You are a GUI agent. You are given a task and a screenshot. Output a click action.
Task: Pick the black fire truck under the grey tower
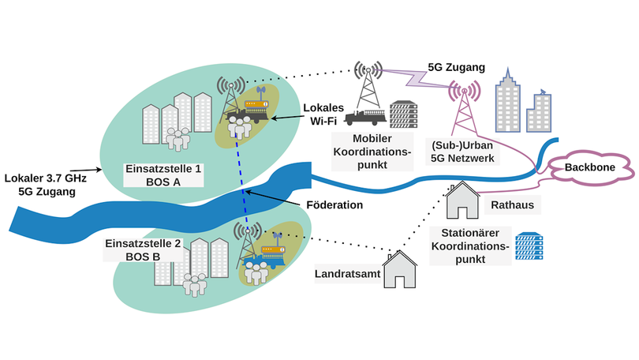[x=366, y=118]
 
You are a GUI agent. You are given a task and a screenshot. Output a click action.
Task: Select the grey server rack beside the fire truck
[x=404, y=116]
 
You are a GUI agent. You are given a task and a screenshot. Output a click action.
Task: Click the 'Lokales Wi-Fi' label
[x=320, y=113]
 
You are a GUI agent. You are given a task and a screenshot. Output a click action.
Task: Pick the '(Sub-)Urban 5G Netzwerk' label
[x=462, y=152]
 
